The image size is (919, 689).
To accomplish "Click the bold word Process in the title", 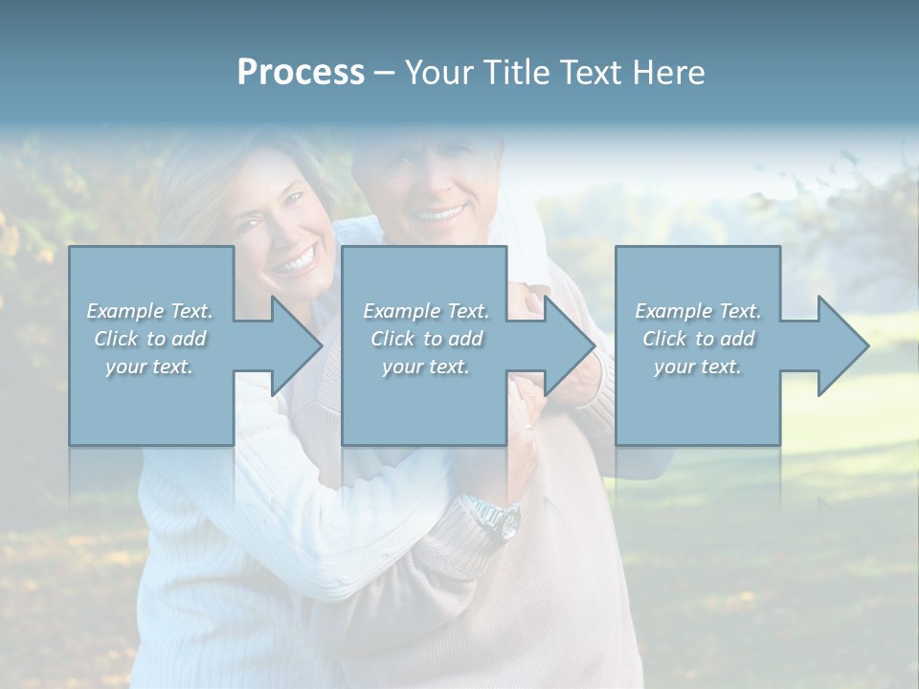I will click(301, 73).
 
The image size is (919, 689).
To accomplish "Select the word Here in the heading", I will click(668, 73).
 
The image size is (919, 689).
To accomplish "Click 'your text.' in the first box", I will click(149, 367).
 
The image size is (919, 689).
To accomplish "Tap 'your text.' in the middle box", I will click(426, 367).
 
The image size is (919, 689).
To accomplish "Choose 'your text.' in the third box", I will click(698, 367).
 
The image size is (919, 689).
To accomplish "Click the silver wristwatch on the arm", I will click(499, 518).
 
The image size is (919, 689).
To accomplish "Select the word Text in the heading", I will click(591, 73).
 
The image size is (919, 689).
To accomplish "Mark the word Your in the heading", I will click(441, 73).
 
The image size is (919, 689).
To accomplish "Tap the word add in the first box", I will click(188, 339).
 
